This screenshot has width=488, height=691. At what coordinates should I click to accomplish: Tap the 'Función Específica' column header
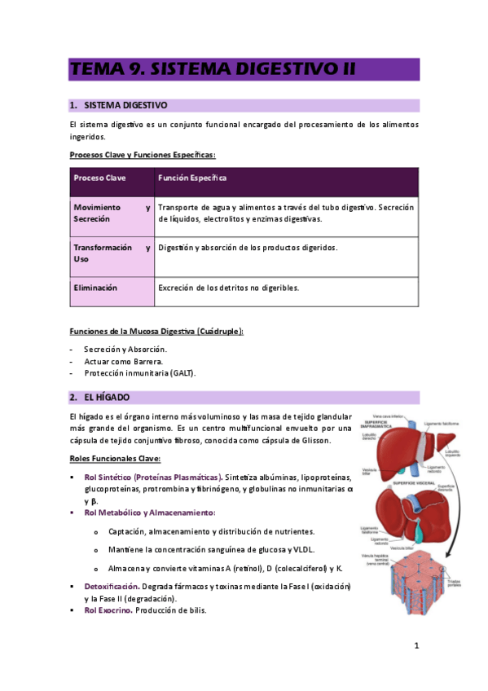pos(192,178)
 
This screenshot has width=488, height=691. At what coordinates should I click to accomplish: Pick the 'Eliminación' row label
pos(95,288)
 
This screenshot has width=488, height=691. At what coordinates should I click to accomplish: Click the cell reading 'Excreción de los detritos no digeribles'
pos(229,288)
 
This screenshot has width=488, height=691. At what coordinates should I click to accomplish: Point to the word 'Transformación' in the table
pos(103,248)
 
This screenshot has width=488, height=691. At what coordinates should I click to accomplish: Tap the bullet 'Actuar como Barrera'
pos(123,361)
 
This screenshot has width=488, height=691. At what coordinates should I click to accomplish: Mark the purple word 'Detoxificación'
pos(111,587)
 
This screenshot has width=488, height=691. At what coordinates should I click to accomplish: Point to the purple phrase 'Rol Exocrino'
pos(108,610)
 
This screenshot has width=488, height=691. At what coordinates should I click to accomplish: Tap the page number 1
pos(415,646)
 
